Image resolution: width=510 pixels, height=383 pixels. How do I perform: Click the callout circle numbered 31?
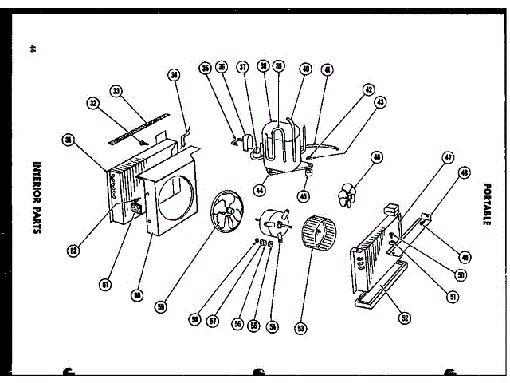pyautogui.click(x=69, y=140)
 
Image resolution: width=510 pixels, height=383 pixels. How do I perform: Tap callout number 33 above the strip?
pyautogui.click(x=117, y=92)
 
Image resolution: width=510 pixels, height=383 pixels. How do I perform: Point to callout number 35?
pyautogui.click(x=206, y=69)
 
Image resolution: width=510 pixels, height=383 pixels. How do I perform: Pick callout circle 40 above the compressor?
pyautogui.click(x=306, y=69)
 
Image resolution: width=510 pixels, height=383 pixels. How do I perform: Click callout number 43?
pyautogui.click(x=380, y=102)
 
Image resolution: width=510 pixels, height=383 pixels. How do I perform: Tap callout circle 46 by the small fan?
pyautogui.click(x=376, y=158)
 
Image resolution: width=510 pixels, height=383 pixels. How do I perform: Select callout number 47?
pyautogui.click(x=448, y=159)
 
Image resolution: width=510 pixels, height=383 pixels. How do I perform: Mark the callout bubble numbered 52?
pyautogui.click(x=405, y=318)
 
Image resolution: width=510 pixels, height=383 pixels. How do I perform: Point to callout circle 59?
pyautogui.click(x=162, y=306)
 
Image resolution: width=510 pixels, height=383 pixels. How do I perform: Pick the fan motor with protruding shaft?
pyautogui.click(x=273, y=223)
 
